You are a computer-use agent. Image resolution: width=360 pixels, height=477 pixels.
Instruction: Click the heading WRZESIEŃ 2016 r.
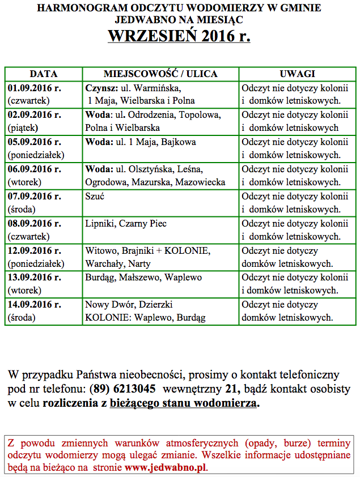[179, 36]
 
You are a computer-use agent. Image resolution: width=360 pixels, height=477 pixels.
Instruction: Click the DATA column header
[44, 74]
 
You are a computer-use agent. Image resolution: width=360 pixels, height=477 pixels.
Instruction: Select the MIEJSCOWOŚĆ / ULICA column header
[160, 74]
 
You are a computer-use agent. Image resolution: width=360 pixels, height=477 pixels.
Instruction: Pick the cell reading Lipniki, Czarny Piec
[126, 224]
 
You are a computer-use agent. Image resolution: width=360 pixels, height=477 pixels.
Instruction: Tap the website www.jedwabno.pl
[166, 468]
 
